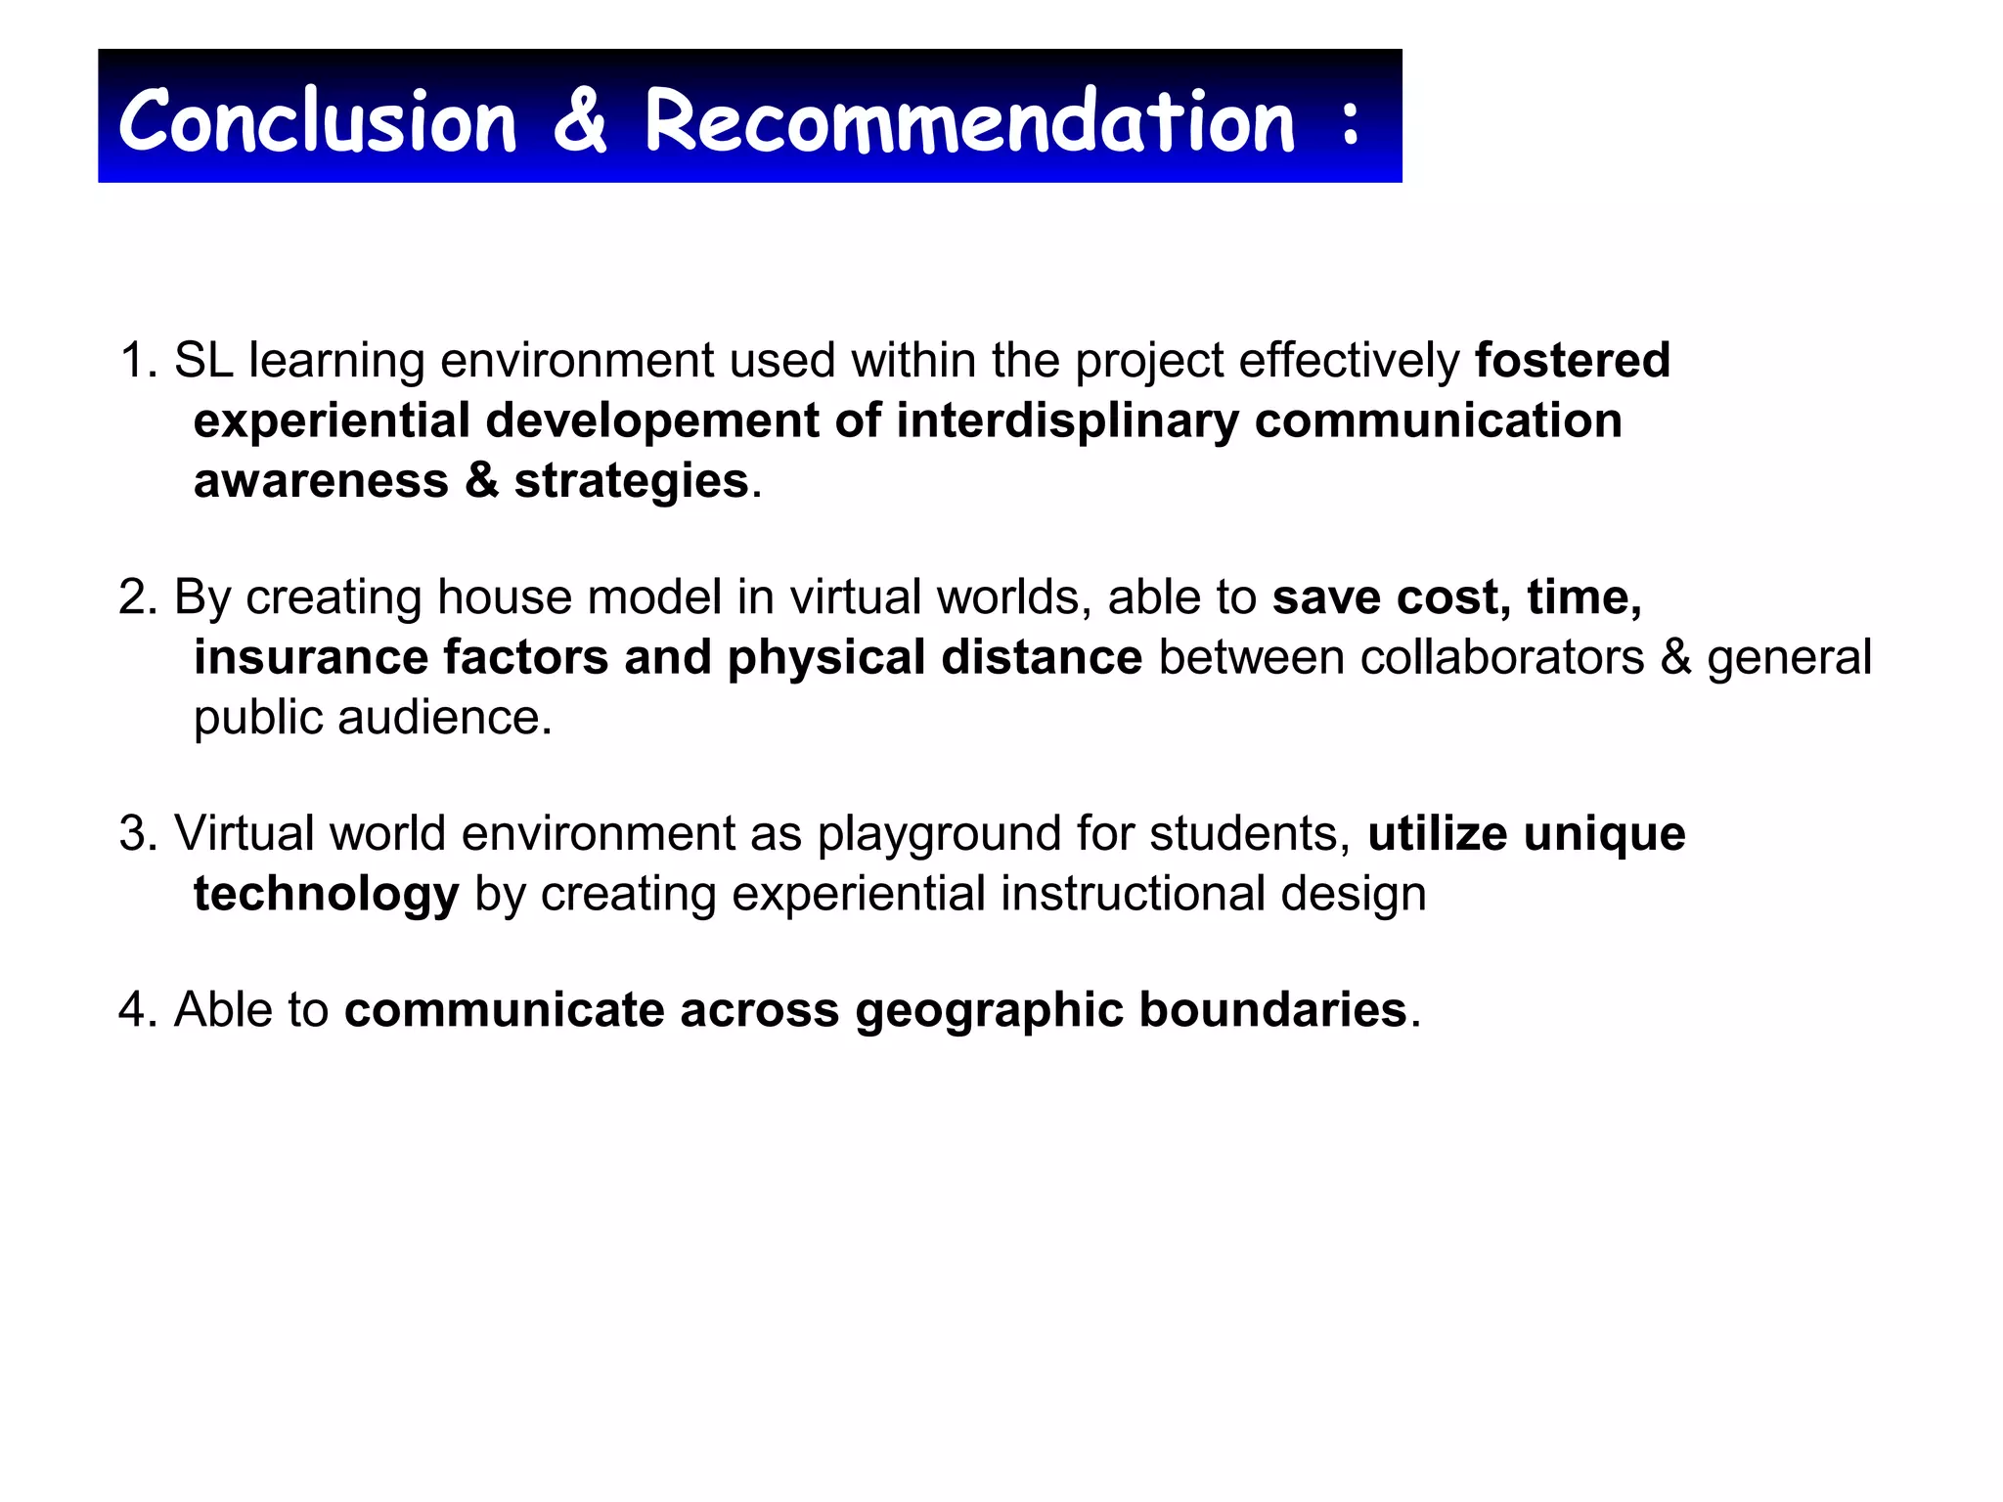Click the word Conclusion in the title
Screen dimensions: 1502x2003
pyautogui.click(x=317, y=121)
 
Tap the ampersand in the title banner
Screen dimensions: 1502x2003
pyautogui.click(x=580, y=121)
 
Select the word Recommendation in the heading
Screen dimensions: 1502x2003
pyautogui.click(x=969, y=121)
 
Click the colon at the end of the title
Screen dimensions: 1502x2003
pyautogui.click(x=1351, y=123)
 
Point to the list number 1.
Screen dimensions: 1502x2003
pyautogui.click(x=137, y=361)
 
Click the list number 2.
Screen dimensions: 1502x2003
pyautogui.click(x=137, y=597)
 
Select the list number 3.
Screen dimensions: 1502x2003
pyautogui.click(x=137, y=834)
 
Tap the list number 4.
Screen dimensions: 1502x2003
pyautogui.click(x=137, y=1010)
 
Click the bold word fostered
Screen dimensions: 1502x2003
pyautogui.click(x=1572, y=361)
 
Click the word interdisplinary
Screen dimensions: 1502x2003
pyautogui.click(x=1068, y=421)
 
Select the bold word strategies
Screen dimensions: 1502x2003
pyautogui.click(x=631, y=481)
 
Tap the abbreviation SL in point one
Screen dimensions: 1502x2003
pyautogui.click(x=203, y=361)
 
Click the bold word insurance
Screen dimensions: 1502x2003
pyautogui.click(x=311, y=657)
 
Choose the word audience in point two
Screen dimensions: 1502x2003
pyautogui.click(x=445, y=718)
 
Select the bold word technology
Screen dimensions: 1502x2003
pyautogui.click(x=326, y=895)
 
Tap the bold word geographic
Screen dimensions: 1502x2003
pyautogui.click(x=989, y=1010)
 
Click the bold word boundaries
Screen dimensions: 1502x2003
pyautogui.click(x=1272, y=1010)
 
